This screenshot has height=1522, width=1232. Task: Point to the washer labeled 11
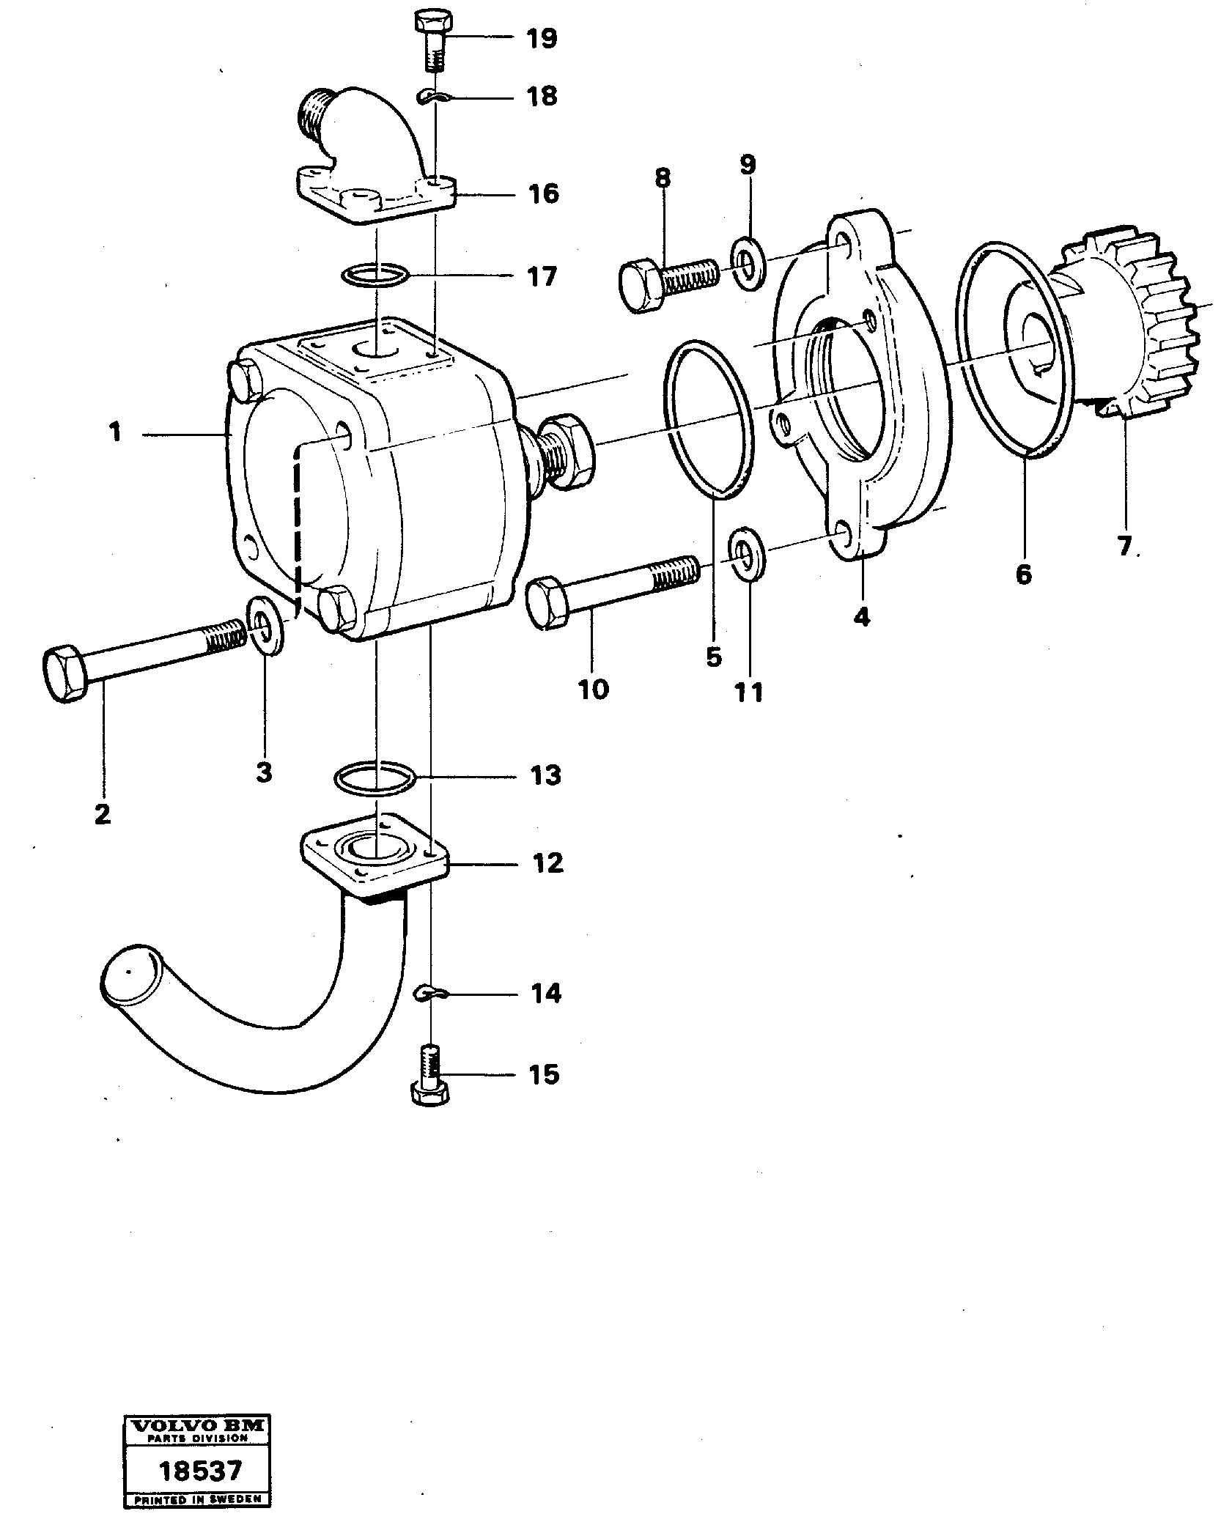coord(748,551)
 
